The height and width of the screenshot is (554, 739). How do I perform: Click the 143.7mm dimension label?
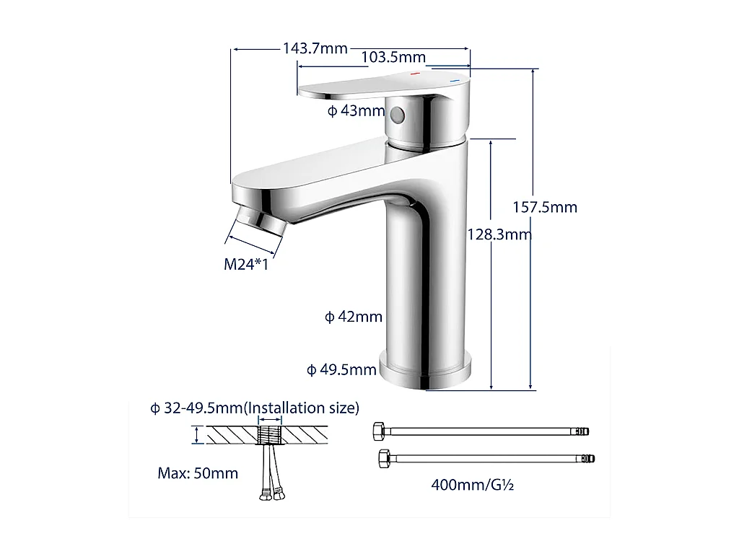click(315, 48)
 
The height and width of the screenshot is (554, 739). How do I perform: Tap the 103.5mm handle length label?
click(393, 57)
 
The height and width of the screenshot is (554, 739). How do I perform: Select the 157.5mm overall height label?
click(545, 207)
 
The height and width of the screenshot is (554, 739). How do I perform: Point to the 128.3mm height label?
click(499, 234)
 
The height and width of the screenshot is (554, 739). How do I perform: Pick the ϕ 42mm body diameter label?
click(354, 317)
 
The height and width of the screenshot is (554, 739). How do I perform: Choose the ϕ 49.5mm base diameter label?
click(342, 370)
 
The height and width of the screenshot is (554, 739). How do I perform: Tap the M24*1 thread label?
click(245, 264)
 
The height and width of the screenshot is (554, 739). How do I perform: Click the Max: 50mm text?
click(197, 473)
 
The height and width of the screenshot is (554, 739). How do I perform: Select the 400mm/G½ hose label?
click(472, 484)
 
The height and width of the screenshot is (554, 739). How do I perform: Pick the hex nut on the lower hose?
click(384, 458)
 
